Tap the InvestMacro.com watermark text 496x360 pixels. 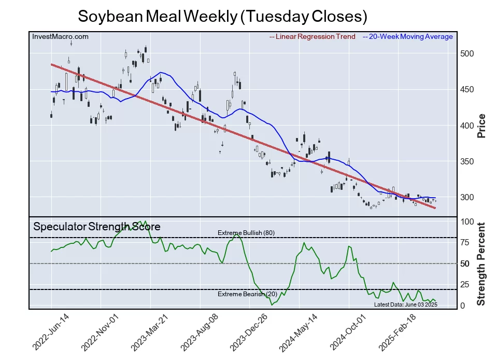60,37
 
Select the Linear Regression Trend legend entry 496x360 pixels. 312,37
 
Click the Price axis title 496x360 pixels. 481,126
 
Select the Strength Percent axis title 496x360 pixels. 481,264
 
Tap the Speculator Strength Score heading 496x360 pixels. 97,227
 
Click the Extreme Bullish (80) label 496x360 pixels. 246,233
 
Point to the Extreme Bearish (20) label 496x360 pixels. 246,295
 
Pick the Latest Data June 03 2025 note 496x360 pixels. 406,304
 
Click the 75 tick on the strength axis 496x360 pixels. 465,243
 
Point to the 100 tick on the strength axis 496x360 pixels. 467,222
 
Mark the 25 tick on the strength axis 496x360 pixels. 465,285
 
